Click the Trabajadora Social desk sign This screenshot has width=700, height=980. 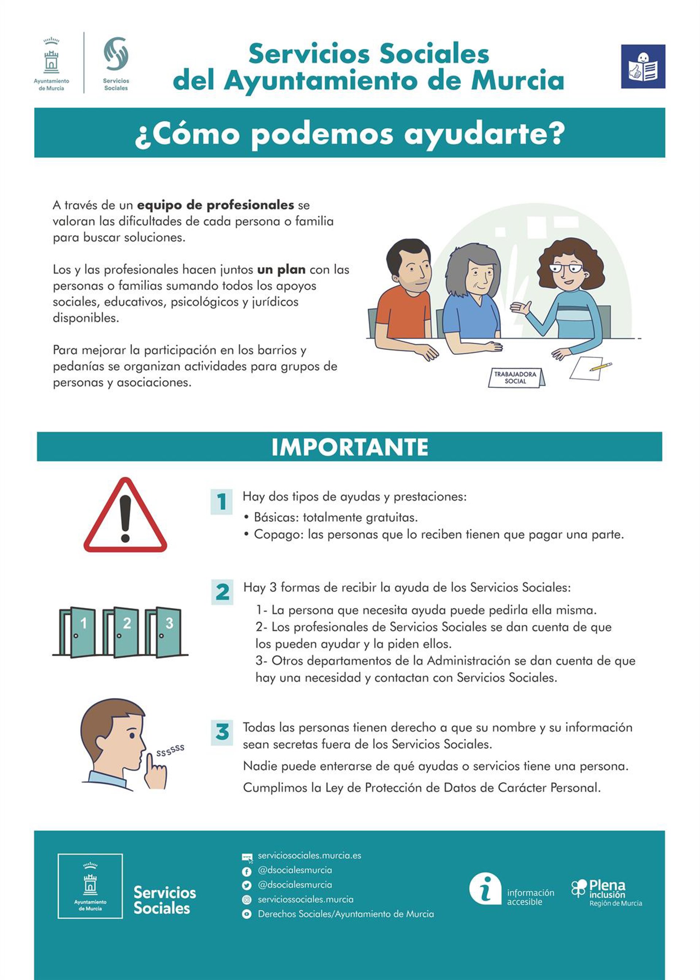click(x=516, y=378)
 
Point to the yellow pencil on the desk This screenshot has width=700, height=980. click(x=601, y=366)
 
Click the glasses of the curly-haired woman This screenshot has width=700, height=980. click(x=566, y=268)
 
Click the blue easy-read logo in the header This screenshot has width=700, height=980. click(x=643, y=66)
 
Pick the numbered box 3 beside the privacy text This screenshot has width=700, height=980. click(x=222, y=732)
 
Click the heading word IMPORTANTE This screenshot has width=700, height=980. click(x=350, y=447)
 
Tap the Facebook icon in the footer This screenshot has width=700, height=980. click(x=246, y=872)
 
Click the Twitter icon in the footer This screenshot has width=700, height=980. click(x=246, y=886)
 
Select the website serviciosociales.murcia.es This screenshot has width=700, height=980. click(x=309, y=855)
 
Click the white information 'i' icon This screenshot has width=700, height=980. click(x=485, y=889)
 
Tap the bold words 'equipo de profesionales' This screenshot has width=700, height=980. click(x=215, y=205)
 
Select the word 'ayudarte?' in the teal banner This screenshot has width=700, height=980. click(x=484, y=134)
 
